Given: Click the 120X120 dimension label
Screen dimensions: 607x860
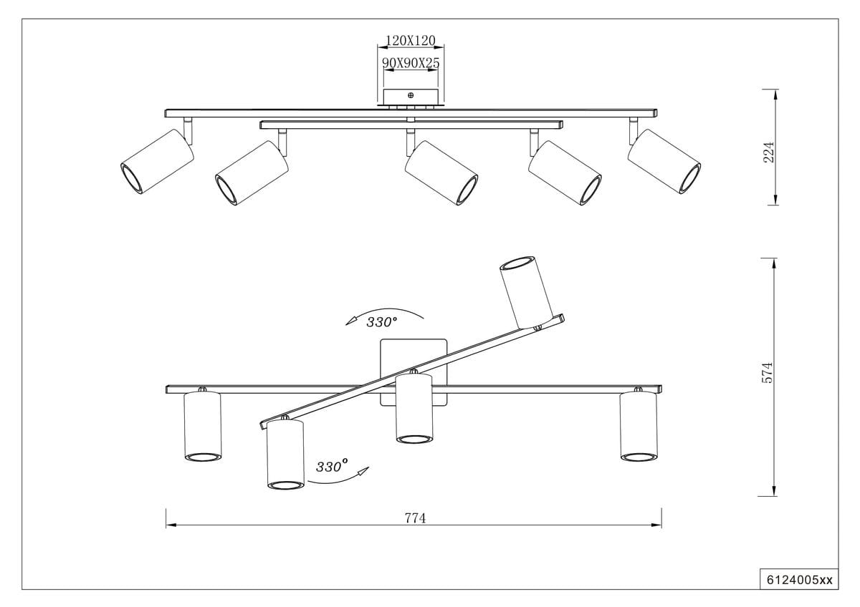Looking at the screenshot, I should pyautogui.click(x=411, y=40).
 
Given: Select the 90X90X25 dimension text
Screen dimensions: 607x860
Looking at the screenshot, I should pyautogui.click(x=411, y=63).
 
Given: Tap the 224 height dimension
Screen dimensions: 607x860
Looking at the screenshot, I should pyautogui.click(x=769, y=151).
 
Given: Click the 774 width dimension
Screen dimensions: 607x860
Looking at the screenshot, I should pyautogui.click(x=415, y=518).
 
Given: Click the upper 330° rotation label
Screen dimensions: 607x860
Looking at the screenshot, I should pyautogui.click(x=382, y=321).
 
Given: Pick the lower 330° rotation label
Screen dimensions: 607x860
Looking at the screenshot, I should pyautogui.click(x=332, y=467).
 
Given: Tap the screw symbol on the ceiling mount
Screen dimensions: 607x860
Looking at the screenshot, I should pyautogui.click(x=411, y=94).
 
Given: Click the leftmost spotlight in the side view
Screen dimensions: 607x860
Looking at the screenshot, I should pyautogui.click(x=157, y=161).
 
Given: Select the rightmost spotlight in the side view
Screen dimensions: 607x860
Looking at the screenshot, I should pyautogui.click(x=664, y=162).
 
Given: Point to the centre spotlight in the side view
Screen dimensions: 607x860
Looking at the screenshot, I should pyautogui.click(x=441, y=173).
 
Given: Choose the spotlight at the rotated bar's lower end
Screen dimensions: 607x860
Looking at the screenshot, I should pyautogui.click(x=285, y=455).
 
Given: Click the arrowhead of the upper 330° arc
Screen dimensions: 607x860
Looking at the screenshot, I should pyautogui.click(x=350, y=322).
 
